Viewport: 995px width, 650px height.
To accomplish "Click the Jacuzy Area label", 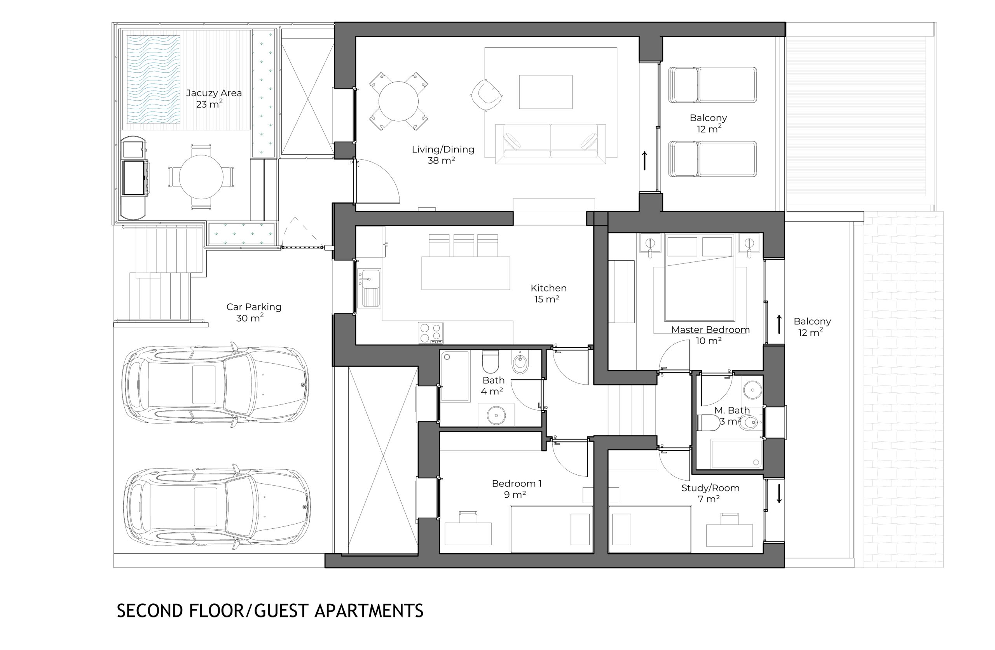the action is pos(214,99).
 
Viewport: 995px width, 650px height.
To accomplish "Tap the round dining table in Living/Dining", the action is pos(398,101).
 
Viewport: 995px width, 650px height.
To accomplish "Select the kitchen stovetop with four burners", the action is pos(430,333).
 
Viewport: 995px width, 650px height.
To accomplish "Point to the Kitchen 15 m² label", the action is pos(548,293).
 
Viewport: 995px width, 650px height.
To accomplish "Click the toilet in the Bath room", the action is pos(491,362).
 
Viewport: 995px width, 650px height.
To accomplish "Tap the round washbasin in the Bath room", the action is pos(496,415).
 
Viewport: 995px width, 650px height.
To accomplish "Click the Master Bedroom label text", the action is pos(710,330).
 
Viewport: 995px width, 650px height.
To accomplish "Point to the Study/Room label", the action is pos(710,488).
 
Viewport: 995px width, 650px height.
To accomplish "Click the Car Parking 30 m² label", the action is pos(254,312).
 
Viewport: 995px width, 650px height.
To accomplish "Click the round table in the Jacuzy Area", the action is pos(201,177).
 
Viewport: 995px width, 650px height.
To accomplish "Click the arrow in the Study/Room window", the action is pos(779,493).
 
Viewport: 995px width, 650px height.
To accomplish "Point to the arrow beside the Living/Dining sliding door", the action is pos(645,160).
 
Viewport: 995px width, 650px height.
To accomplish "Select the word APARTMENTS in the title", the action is pos(369,611).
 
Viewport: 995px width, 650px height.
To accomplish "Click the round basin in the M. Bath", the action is pos(752,390).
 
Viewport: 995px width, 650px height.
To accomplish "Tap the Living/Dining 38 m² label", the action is pos(443,155).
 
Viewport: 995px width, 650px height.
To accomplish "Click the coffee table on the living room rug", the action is pos(546,92).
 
